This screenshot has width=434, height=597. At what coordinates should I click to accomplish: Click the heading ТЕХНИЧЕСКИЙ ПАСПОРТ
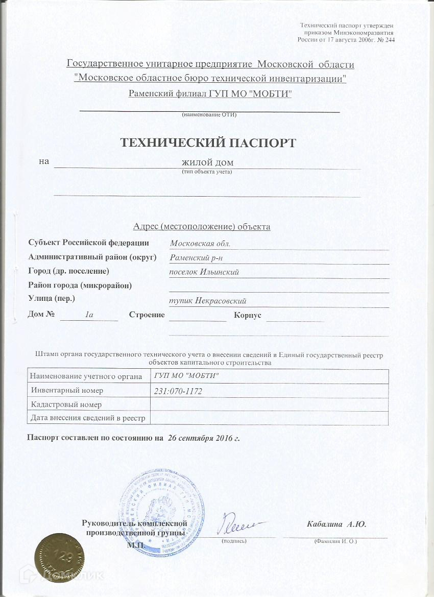tap(208, 142)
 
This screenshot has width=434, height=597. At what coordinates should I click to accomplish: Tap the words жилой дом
tap(208, 162)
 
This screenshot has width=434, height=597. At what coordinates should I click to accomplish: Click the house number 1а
tap(89, 315)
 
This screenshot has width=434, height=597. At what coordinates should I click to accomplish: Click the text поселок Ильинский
tap(204, 272)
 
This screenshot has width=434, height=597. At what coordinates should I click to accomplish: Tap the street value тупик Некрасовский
tap(211, 301)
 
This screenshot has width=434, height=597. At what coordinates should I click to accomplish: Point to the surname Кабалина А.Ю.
tap(336, 524)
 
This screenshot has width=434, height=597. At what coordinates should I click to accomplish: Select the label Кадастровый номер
tap(66, 404)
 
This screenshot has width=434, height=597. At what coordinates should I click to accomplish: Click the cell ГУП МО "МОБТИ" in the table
tap(186, 376)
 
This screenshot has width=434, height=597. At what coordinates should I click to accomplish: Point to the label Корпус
tap(248, 315)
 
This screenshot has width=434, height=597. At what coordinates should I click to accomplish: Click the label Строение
tap(147, 315)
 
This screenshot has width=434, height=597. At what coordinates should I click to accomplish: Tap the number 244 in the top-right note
tap(388, 40)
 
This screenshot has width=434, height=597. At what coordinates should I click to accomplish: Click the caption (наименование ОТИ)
tap(209, 114)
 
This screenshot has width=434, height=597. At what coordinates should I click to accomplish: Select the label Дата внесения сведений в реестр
tap(88, 419)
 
